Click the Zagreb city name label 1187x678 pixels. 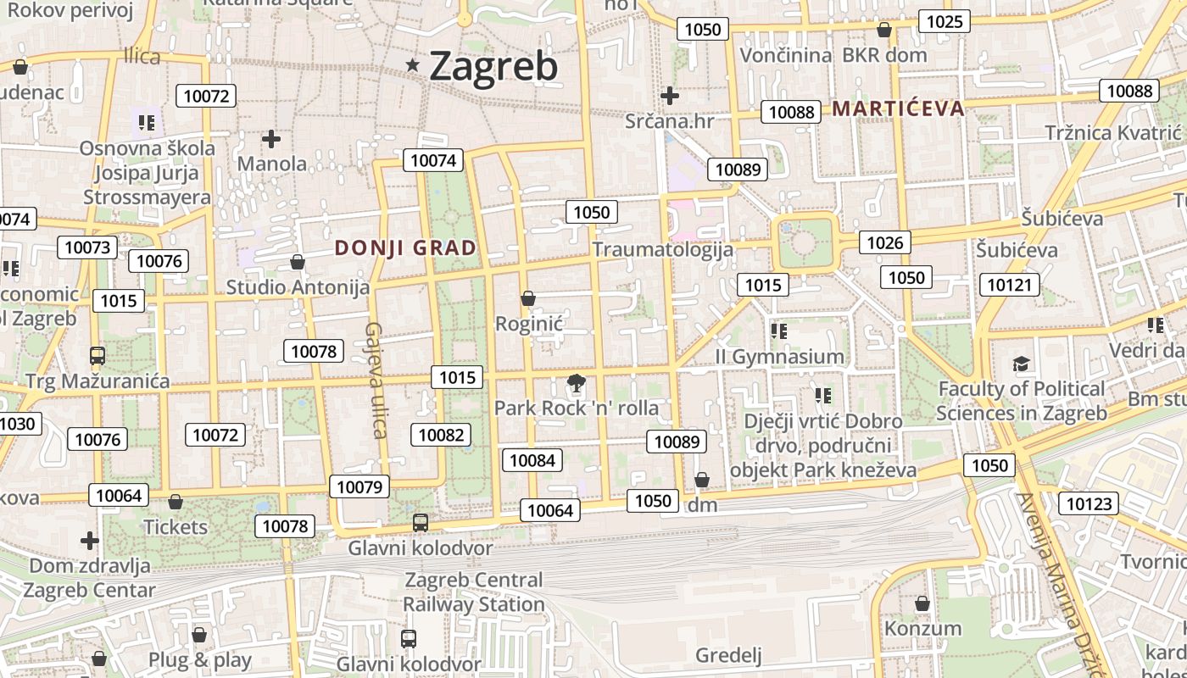pos(493,66)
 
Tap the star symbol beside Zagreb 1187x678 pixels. pos(413,64)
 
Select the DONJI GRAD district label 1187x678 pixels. pos(405,248)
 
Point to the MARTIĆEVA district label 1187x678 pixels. pos(898,108)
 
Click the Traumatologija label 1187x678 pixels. pos(662,249)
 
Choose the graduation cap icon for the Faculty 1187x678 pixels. pos(1022,364)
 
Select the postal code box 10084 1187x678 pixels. pos(532,460)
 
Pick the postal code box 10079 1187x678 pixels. pos(359,486)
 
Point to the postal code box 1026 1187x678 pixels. pos(885,243)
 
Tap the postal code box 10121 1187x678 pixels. pos(1010,284)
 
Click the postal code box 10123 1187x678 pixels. pos(1088,504)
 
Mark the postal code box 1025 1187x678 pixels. pos(945,21)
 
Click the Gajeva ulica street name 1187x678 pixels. pos(376,381)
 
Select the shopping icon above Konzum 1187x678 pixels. pos(922,603)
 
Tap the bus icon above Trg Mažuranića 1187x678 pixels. pos(98,356)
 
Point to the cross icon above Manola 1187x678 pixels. pos(271,138)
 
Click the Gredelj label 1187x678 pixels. pos(728,655)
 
